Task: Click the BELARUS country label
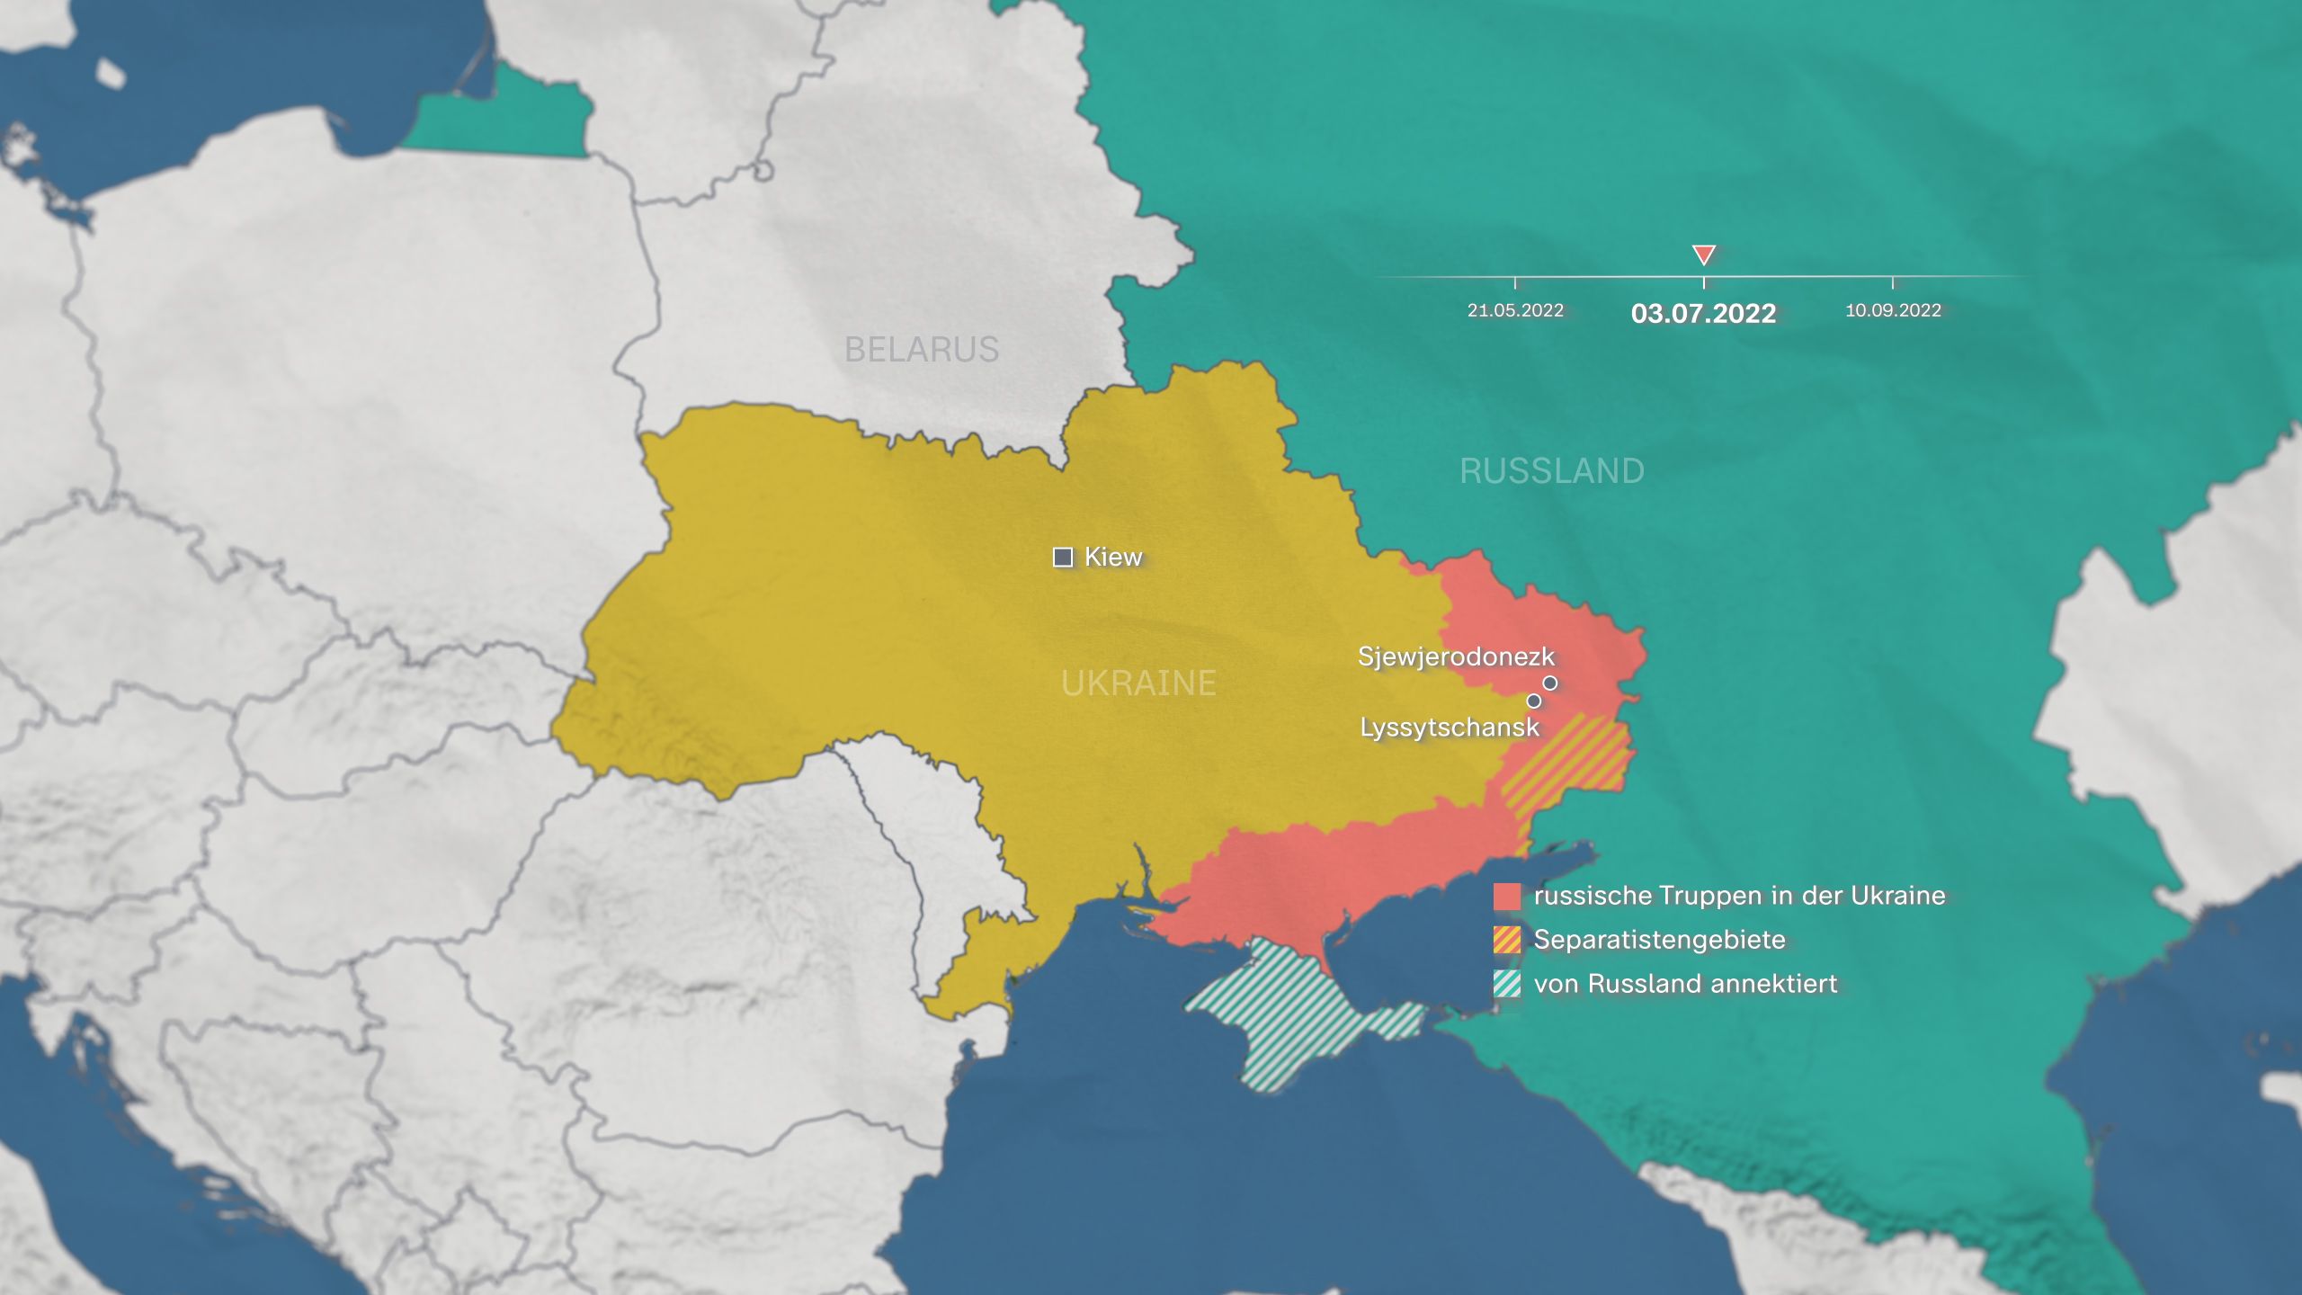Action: point(921,349)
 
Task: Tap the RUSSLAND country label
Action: point(1551,471)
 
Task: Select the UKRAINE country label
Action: point(1138,683)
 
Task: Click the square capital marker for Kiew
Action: point(1063,558)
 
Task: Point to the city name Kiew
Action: point(1113,557)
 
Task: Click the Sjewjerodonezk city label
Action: point(1456,656)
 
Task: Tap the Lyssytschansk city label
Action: point(1450,727)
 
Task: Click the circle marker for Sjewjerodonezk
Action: point(1549,683)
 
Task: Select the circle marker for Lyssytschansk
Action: point(1534,701)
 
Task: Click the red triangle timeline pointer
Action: point(1703,254)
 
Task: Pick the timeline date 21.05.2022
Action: point(1515,310)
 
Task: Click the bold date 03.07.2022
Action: point(1703,313)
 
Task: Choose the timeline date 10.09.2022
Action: point(1893,310)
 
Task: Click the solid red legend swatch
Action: point(1507,896)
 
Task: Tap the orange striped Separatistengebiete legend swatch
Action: point(1507,940)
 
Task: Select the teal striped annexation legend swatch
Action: point(1507,984)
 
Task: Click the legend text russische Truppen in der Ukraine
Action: point(1739,896)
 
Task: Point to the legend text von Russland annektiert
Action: point(1685,984)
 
